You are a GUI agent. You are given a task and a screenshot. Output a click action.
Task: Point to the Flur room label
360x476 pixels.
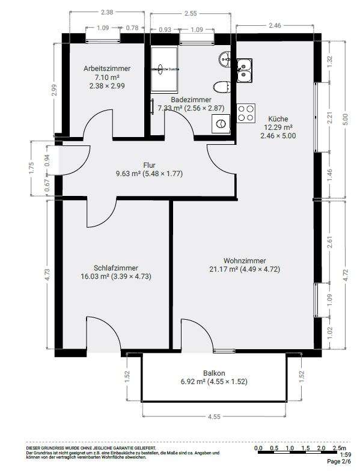149,165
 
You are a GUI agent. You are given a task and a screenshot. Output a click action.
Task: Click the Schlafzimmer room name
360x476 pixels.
116,268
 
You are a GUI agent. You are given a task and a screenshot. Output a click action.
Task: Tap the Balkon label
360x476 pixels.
215,373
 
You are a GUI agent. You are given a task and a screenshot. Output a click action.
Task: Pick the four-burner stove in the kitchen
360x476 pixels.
246,113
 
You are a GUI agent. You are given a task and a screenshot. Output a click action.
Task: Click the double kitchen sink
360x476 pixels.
245,71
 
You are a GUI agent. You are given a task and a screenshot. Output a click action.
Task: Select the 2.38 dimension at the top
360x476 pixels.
107,11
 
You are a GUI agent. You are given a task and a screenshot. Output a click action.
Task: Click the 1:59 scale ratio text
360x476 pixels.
346,455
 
